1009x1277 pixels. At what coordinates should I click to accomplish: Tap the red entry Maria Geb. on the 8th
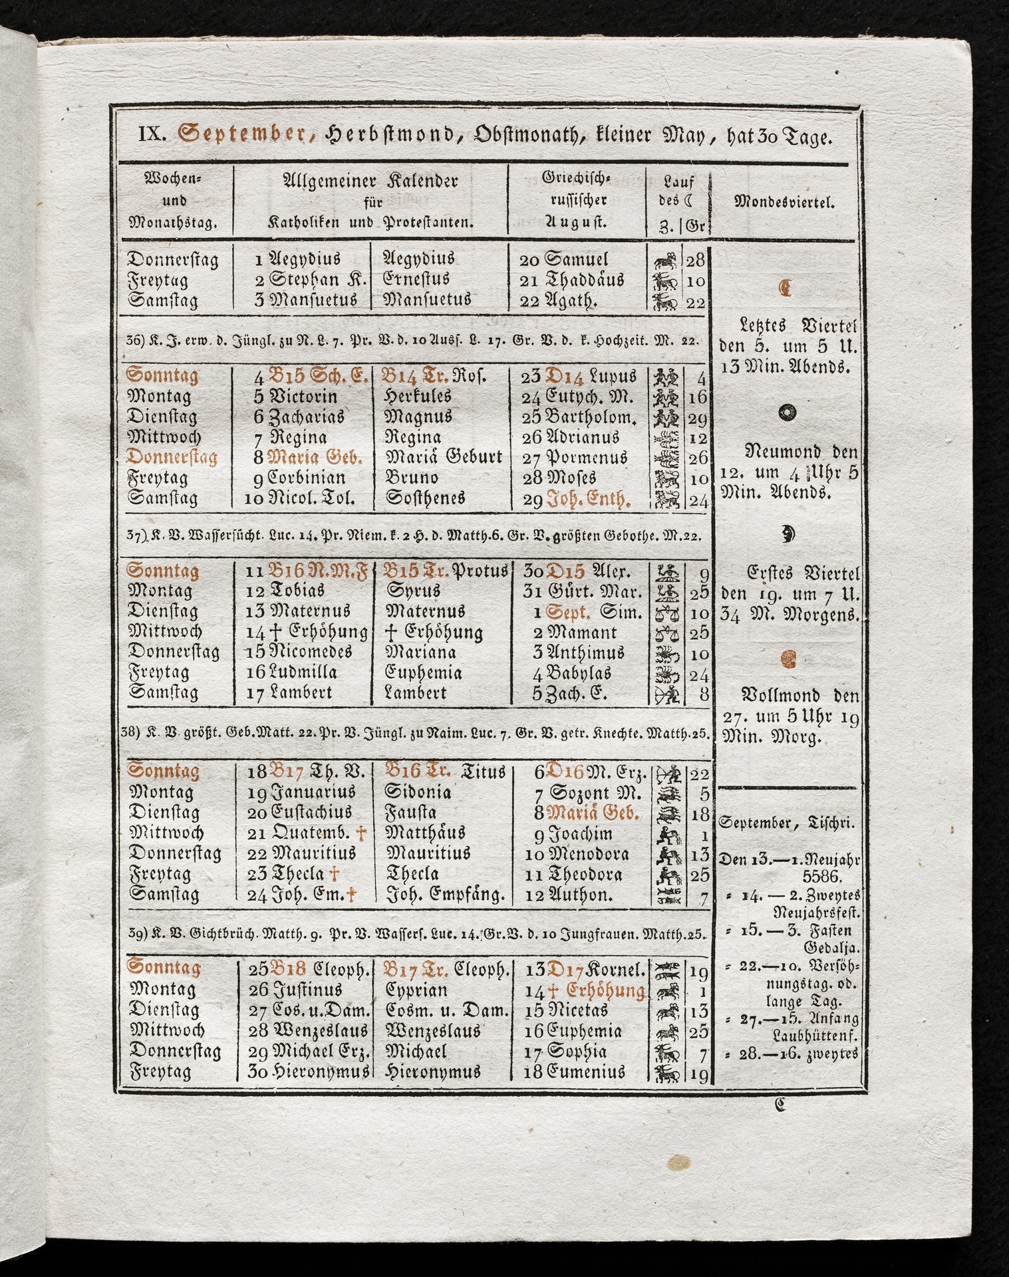315,458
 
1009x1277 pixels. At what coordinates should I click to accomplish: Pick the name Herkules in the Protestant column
418,396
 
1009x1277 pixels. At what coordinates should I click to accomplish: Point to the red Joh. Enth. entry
588,499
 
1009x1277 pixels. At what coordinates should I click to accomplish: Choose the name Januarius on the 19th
312,792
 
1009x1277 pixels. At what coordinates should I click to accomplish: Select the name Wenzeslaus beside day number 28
319,1031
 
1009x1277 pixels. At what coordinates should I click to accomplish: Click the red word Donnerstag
172,458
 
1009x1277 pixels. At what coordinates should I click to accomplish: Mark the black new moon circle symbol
786,412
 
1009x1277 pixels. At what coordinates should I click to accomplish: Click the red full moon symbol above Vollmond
787,660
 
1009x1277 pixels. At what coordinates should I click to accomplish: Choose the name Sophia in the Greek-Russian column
576,1052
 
